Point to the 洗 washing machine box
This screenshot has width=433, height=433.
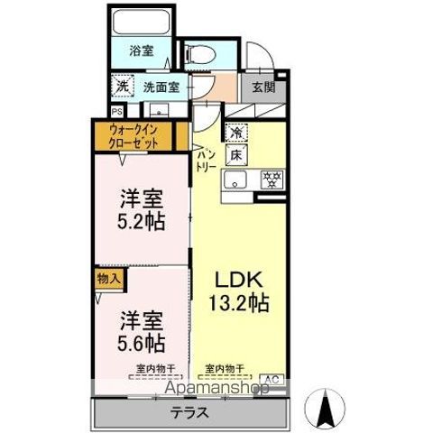pyautogui.click(x=123, y=87)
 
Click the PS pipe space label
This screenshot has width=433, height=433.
pyautogui.click(x=115, y=111)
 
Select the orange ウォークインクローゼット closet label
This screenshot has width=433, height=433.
pyautogui.click(x=135, y=137)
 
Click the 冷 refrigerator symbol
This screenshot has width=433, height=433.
pyautogui.click(x=236, y=132)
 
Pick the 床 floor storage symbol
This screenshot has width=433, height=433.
pyautogui.click(x=236, y=155)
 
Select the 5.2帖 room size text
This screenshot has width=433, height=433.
pyautogui.click(x=142, y=221)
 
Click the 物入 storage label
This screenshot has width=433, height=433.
pyautogui.click(x=108, y=279)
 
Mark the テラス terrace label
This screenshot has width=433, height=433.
pyautogui.click(x=189, y=413)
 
